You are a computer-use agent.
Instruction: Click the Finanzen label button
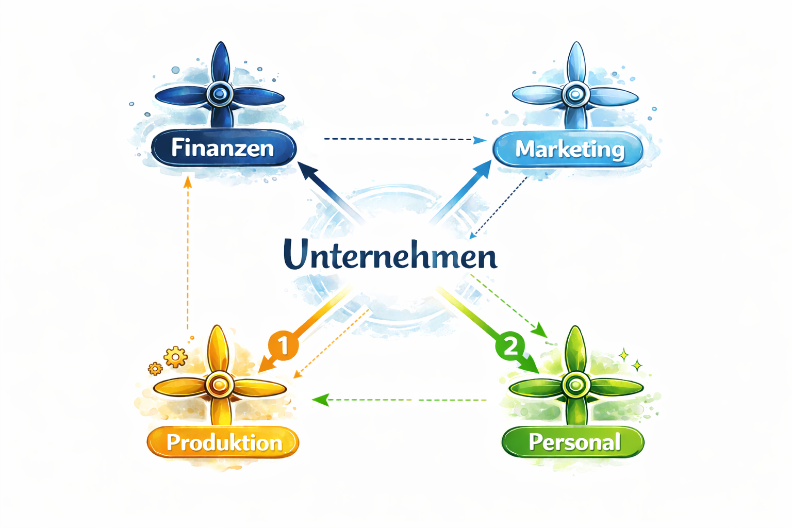point(223,148)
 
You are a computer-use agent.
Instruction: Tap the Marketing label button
point(569,149)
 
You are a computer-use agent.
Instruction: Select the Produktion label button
point(223,442)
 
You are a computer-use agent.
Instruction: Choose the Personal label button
point(573,442)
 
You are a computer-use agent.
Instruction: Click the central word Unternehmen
point(390,255)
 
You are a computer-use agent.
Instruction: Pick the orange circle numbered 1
point(283,344)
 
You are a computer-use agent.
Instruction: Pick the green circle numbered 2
point(510,345)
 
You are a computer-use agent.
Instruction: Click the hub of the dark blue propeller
point(220,94)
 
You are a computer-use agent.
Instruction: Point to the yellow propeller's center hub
point(220,384)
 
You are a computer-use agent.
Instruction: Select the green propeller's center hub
point(575,384)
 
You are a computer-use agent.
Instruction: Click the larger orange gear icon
point(175,356)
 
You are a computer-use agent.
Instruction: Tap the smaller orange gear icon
point(155,368)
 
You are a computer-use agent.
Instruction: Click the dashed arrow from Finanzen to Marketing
point(402,139)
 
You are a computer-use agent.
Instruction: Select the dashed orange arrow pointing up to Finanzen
point(188,253)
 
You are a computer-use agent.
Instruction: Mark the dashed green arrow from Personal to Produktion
point(402,400)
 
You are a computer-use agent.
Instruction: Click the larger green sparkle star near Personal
point(623,355)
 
